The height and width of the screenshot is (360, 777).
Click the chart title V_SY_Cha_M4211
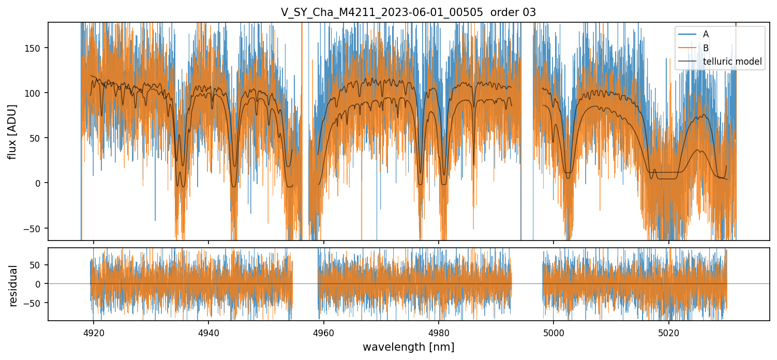click(408, 12)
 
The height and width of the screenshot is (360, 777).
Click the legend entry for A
click(706, 34)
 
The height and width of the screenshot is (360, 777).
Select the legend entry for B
click(706, 48)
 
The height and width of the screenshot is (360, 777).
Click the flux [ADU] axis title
click(13, 131)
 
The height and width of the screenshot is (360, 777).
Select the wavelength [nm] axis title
click(408, 347)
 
